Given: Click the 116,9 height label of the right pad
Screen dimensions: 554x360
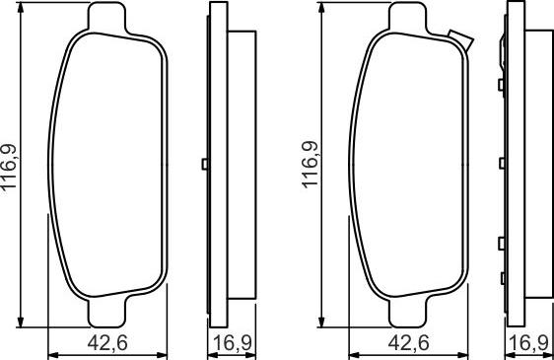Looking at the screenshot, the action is click(x=310, y=165).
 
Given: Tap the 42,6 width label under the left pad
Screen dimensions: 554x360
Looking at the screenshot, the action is click(x=107, y=342).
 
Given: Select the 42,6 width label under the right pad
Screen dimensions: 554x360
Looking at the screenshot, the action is click(x=409, y=342).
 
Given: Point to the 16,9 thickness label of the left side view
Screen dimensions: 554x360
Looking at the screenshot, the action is click(x=233, y=342).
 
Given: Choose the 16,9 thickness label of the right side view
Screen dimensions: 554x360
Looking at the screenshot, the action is click(x=528, y=342).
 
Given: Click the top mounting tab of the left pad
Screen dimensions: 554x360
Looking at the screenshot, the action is click(x=106, y=17).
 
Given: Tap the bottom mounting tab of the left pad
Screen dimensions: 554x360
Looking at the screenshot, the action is click(x=106, y=313).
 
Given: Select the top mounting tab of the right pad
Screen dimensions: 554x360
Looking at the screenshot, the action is click(x=408, y=17).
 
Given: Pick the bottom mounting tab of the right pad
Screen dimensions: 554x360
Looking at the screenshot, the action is click(x=408, y=313).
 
